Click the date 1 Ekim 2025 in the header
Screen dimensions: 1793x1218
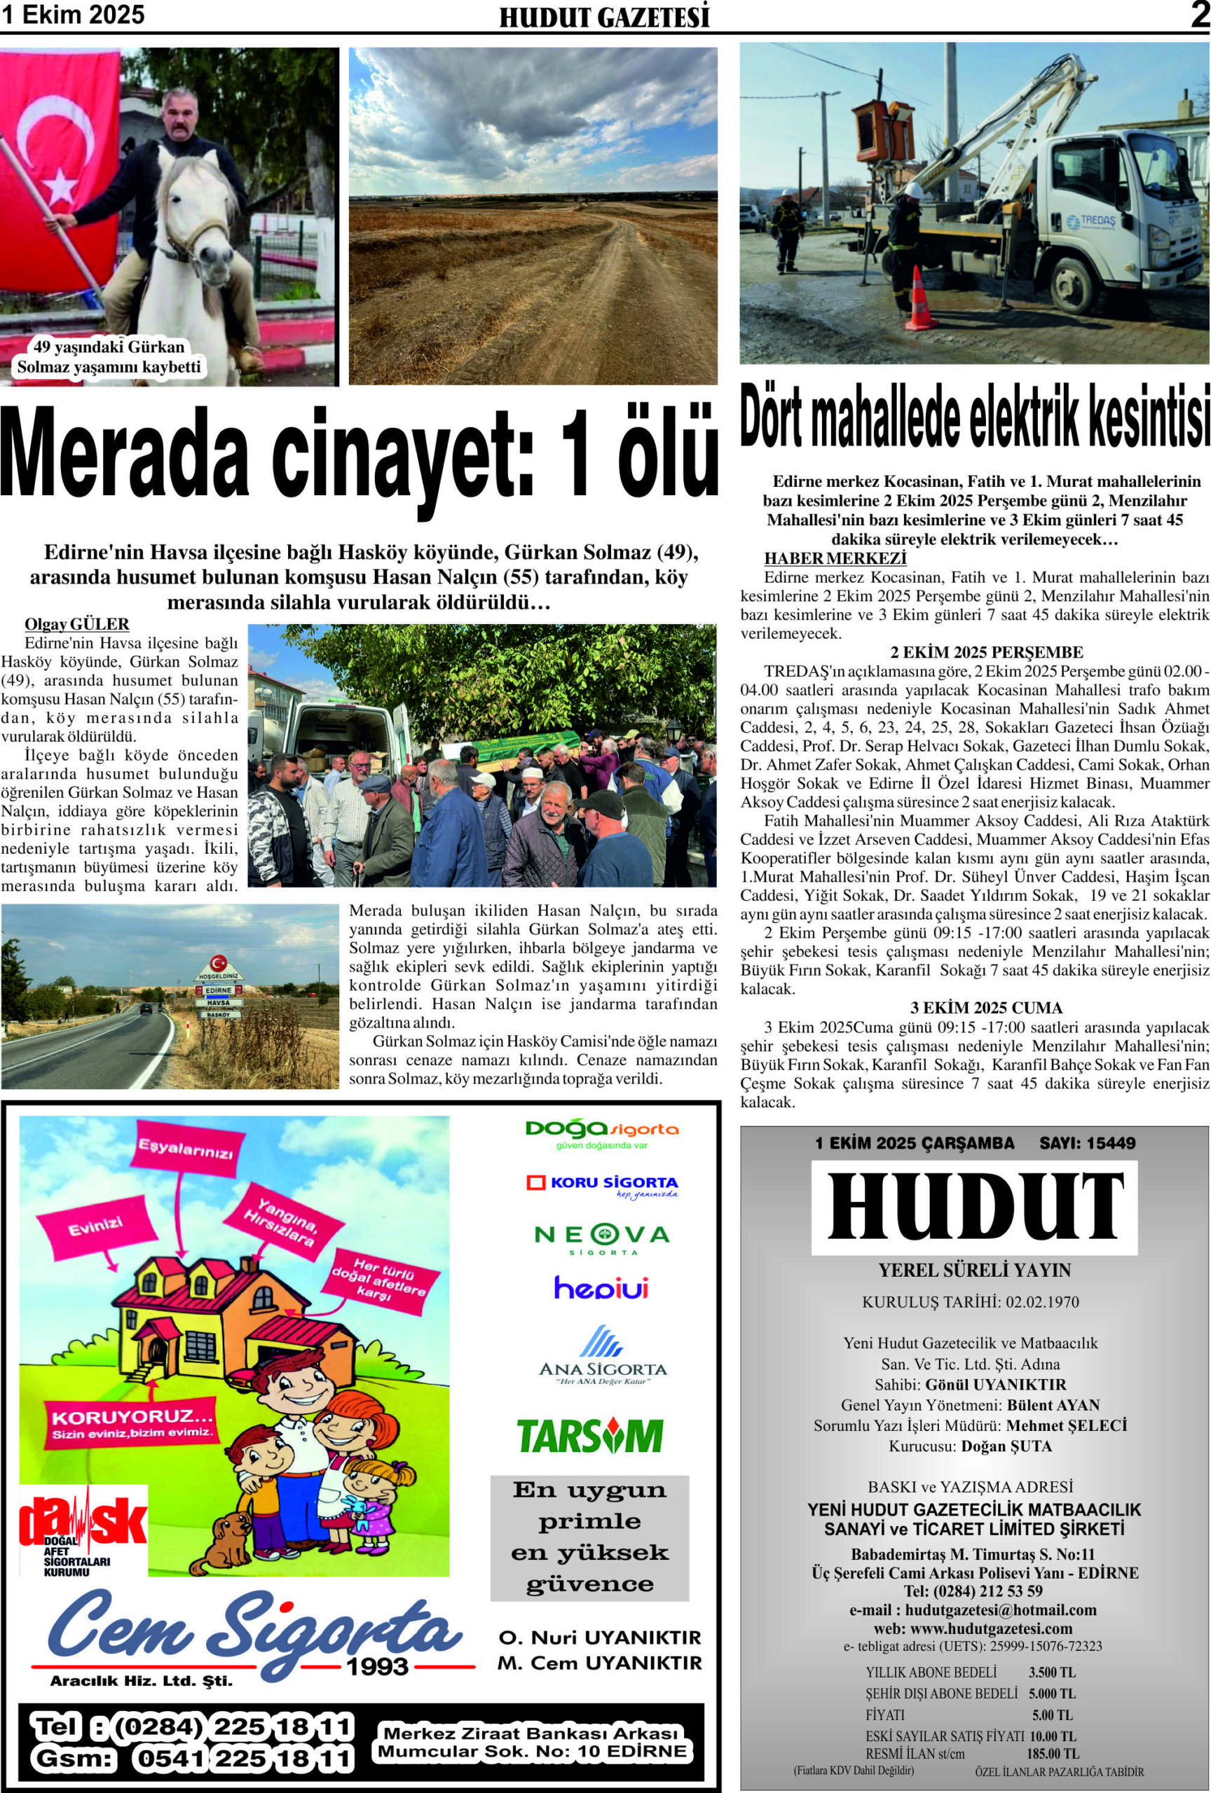[x=73, y=15]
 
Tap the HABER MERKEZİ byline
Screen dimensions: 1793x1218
[x=835, y=558]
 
